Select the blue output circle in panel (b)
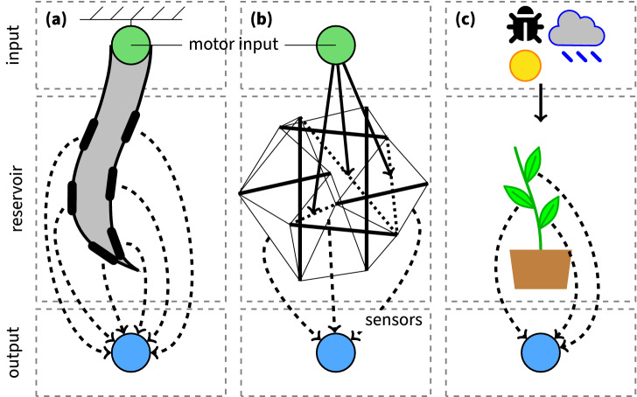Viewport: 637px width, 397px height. click(335, 352)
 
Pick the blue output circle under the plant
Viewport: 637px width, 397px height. click(541, 352)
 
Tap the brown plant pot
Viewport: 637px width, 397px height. click(541, 268)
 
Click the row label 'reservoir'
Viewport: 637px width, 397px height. click(12, 198)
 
